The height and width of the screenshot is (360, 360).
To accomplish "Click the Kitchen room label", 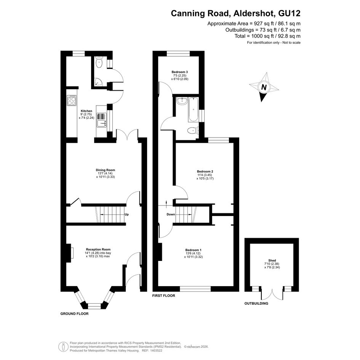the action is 86,111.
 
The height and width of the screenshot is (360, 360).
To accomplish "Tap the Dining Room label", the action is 106,170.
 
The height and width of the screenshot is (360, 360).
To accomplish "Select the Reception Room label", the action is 98,250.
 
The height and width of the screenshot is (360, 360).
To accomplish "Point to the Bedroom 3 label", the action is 180,72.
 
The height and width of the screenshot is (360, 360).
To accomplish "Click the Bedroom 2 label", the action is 205,171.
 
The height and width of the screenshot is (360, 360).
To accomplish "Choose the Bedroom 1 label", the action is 193,250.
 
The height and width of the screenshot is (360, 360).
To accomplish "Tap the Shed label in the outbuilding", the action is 272,261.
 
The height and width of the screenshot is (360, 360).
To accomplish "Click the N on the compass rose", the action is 264,87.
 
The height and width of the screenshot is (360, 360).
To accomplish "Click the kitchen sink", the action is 102,120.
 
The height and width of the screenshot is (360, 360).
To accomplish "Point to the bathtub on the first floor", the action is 193,109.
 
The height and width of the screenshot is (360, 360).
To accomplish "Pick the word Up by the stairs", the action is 126,214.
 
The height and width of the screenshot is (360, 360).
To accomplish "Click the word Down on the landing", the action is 171,214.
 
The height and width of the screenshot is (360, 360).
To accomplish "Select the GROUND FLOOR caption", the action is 74,314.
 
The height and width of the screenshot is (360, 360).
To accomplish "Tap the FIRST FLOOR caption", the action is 163,296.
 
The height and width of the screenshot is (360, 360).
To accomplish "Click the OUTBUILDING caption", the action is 256,304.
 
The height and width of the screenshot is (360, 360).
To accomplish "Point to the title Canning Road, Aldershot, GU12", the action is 235,13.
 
